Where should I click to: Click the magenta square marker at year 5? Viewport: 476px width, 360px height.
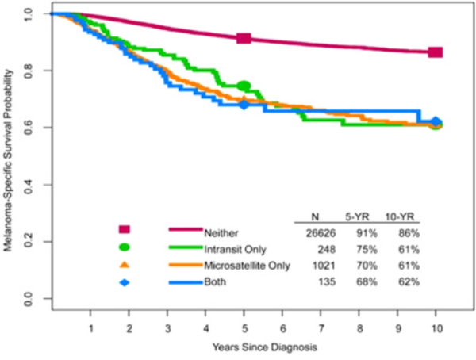click(244, 38)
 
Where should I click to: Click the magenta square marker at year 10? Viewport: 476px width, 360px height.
click(435, 52)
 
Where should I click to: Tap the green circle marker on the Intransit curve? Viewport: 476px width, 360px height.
click(244, 86)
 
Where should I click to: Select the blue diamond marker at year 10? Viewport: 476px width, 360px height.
click(436, 123)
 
